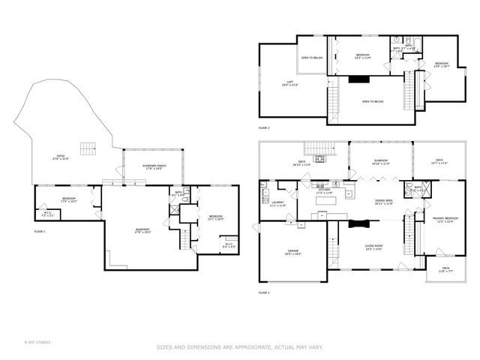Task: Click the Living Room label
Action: pos(373,247)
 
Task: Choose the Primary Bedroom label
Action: pos(445,219)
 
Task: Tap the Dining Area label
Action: pos(384,202)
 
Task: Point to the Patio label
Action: pos(59,157)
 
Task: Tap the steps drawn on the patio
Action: pos(89,147)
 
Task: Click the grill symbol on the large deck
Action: pos(320,158)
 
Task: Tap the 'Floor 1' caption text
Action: pos(40,232)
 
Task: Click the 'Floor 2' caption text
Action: pos(264,292)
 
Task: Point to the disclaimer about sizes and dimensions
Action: pos(239,347)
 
